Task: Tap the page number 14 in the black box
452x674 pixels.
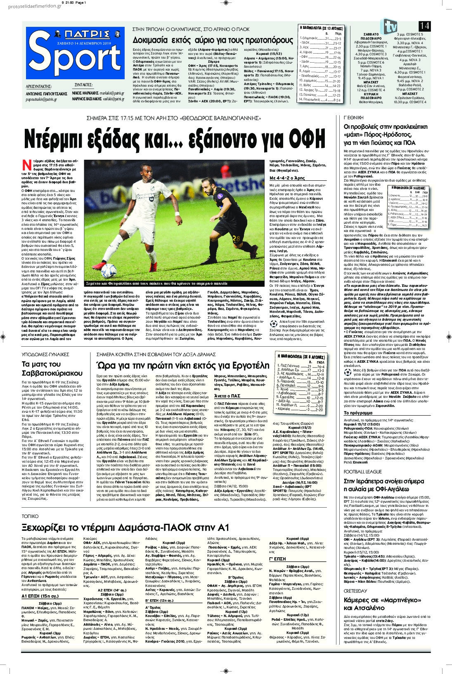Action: tap(424, 26)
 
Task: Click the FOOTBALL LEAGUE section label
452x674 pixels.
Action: tap(363, 472)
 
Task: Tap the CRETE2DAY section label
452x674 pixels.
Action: tap(355, 591)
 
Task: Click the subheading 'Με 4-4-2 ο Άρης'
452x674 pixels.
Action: tap(287, 178)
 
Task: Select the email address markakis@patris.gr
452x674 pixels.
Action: tap(112, 93)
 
